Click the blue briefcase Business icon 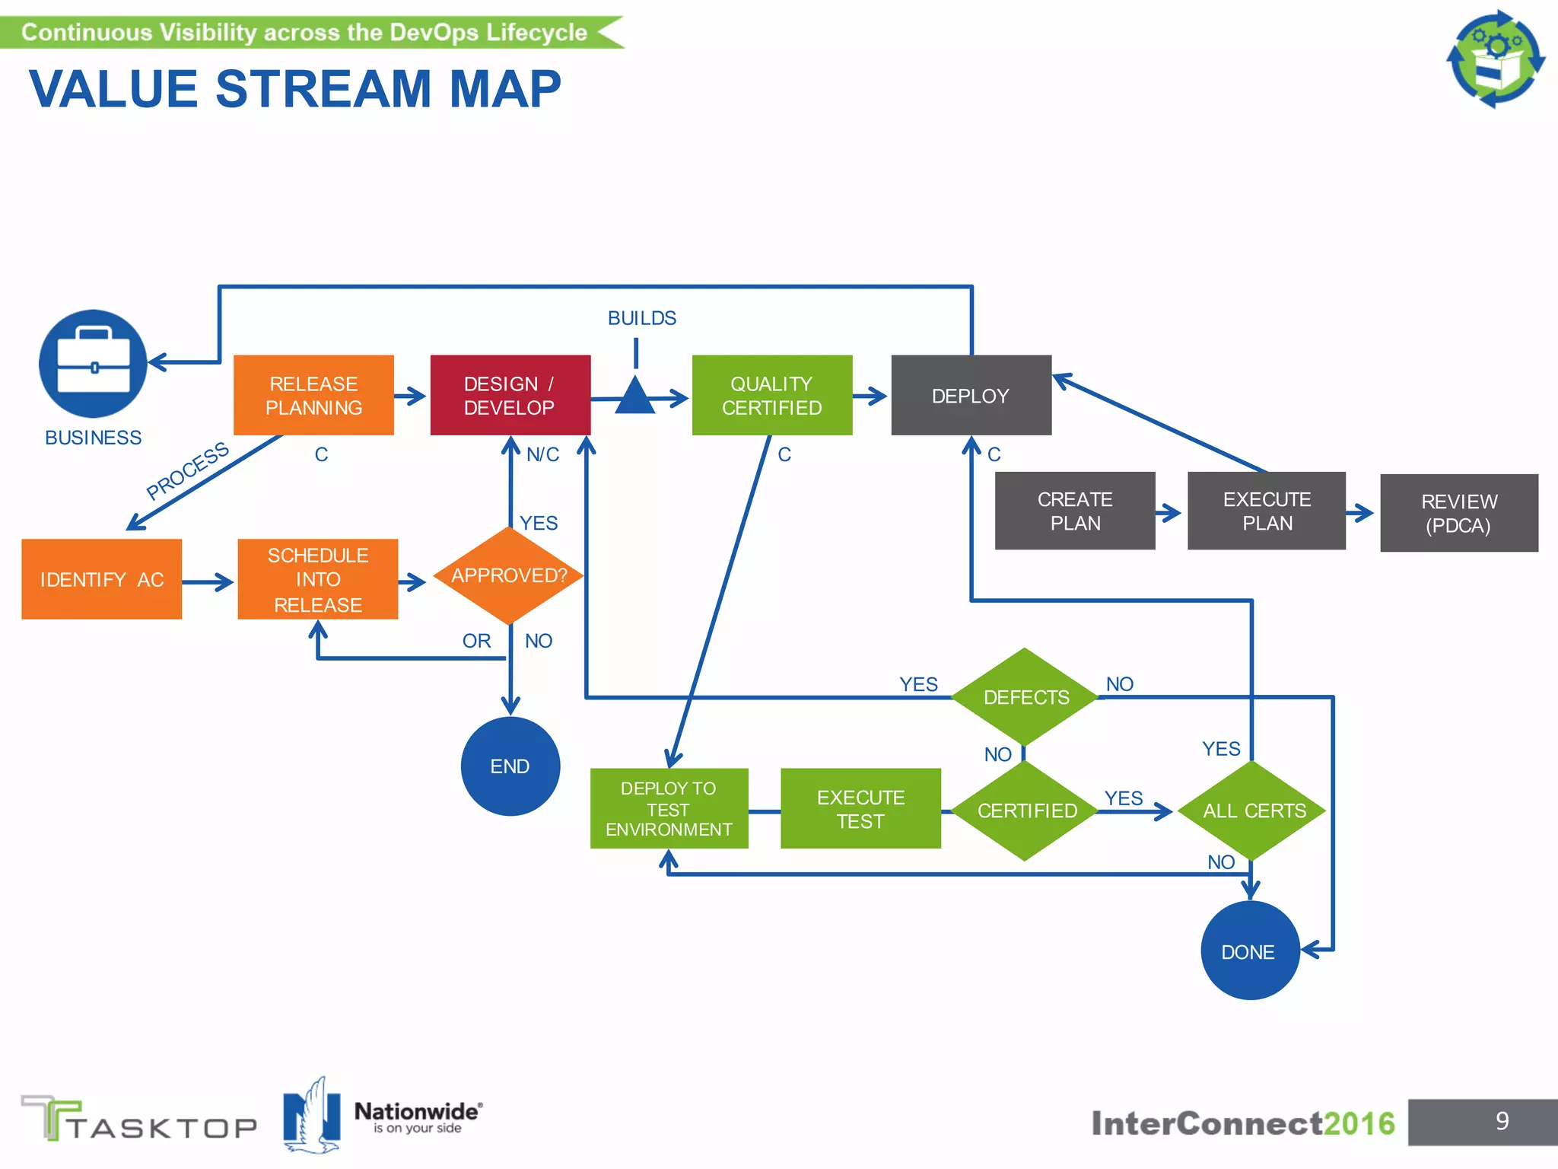[93, 363]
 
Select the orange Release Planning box [313, 395]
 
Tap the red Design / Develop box [510, 395]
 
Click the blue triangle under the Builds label [634, 397]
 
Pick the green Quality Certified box [771, 395]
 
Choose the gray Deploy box [971, 395]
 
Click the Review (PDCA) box [1458, 513]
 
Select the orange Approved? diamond [509, 575]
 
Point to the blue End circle [510, 766]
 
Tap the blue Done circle [1249, 951]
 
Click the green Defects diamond [1025, 696]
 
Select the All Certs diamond [1253, 811]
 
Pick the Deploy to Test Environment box [669, 808]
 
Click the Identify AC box [101, 579]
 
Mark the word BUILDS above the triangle [641, 318]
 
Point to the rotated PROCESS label [187, 470]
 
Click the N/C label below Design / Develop [542, 454]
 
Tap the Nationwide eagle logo [311, 1115]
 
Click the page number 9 [1502, 1121]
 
